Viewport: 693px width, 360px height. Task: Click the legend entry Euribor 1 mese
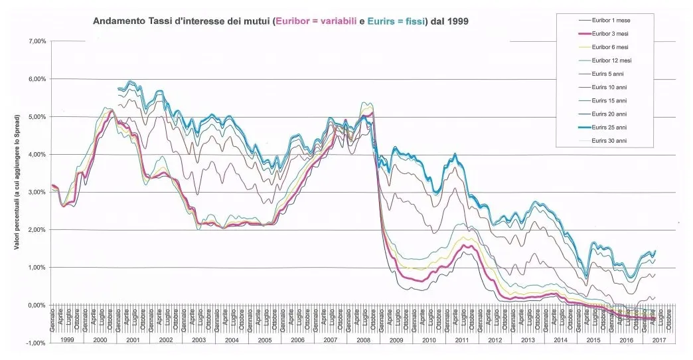coord(611,21)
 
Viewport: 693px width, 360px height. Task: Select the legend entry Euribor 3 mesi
coord(611,34)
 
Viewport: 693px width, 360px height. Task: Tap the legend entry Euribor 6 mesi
coord(611,47)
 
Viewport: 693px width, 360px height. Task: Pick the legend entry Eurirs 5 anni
coord(609,74)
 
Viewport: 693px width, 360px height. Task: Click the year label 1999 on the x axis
coord(67,339)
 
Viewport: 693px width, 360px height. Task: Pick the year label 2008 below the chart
coord(363,339)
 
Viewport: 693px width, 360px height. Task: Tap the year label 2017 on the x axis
coord(659,339)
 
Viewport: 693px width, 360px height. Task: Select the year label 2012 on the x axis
coord(495,339)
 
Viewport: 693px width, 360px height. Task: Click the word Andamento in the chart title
coord(117,21)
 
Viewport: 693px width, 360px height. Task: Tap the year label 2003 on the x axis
coord(198,339)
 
